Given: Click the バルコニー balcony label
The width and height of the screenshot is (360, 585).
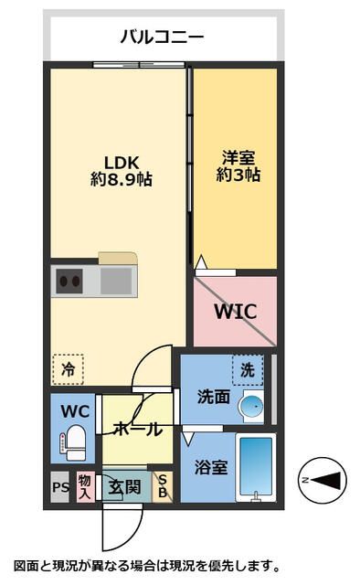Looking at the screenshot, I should [x=162, y=37].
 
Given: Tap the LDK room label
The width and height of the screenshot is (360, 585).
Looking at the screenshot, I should [x=120, y=162].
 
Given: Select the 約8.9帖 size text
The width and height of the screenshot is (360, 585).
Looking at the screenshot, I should [x=120, y=180].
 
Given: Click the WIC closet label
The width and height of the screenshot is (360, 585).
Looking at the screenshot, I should [x=235, y=311].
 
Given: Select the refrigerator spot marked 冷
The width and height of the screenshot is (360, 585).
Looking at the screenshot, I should [x=68, y=369].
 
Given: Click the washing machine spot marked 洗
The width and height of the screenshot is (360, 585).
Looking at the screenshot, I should [x=247, y=369].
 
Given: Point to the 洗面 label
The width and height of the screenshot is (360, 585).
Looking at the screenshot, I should [x=212, y=397].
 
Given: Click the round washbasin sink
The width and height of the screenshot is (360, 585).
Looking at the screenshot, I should [x=250, y=405].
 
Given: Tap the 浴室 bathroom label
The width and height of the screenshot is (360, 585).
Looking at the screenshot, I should [x=211, y=466].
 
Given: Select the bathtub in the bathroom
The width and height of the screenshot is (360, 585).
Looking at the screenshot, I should [x=254, y=468].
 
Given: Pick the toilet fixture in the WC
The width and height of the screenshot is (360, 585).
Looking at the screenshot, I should [x=74, y=443].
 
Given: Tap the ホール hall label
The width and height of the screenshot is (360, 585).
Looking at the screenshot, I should [x=137, y=428].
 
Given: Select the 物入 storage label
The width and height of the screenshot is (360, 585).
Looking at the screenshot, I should [x=85, y=486].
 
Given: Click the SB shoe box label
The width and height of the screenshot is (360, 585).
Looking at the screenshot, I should [x=164, y=486].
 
